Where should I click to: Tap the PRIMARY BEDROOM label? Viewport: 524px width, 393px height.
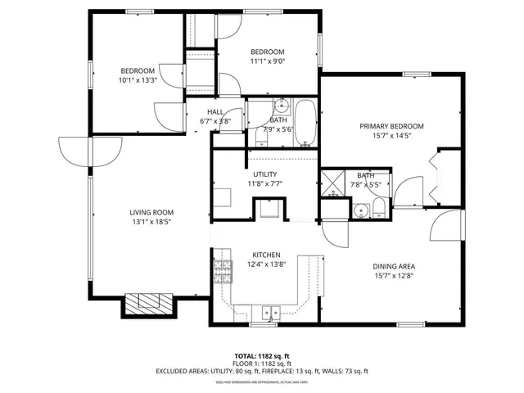tap(392, 126)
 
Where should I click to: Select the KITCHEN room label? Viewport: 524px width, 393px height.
tap(266, 255)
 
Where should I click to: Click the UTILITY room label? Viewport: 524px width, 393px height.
tap(264, 174)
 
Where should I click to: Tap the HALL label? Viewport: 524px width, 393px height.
tap(215, 112)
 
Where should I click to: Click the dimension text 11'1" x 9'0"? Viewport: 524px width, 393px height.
tap(268, 61)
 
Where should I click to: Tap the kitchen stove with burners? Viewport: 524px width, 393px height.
tap(223, 269)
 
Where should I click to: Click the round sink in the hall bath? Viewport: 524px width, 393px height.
tap(282, 105)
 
